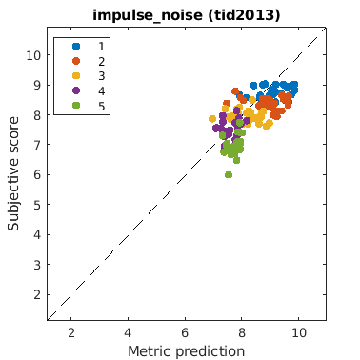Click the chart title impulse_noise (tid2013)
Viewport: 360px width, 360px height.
187,15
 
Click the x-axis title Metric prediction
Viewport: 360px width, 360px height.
187,351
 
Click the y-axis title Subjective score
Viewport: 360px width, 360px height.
13,173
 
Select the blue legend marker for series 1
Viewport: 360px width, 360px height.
76,46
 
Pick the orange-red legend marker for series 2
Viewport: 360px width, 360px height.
76,61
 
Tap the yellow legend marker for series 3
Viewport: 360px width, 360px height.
76,76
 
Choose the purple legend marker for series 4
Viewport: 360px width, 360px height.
76,90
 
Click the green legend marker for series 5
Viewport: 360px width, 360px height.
76,106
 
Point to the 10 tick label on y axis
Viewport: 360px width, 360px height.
33,55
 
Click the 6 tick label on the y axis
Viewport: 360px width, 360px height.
37,175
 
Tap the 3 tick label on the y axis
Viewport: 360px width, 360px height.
37,265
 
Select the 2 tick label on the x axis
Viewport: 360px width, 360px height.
71,332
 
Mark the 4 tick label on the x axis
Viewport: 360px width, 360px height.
128,332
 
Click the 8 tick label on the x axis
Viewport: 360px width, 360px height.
242,332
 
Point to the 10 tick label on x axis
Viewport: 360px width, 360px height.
298,332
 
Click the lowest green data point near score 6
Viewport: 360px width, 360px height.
229,175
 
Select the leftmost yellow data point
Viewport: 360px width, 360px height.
212,119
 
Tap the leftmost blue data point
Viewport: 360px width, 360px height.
240,95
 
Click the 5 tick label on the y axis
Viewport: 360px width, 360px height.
37,205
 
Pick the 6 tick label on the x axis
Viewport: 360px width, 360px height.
185,332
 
